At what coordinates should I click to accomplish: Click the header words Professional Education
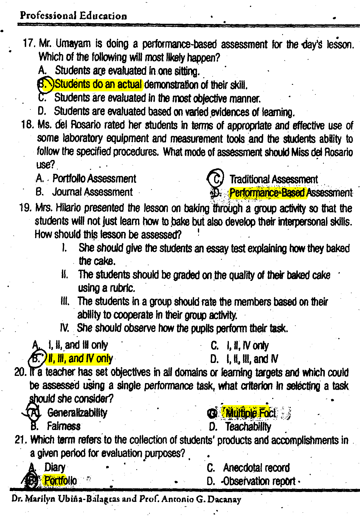[x=73, y=16]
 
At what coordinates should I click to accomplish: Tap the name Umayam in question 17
[x=73, y=44]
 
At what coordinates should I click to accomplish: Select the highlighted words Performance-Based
[x=267, y=193]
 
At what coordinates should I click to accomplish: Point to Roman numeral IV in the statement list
[x=65, y=328]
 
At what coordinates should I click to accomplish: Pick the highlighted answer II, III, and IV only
[x=80, y=359]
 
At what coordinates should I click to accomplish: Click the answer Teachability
[x=248, y=427]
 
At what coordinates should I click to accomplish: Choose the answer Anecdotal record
[x=256, y=468]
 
